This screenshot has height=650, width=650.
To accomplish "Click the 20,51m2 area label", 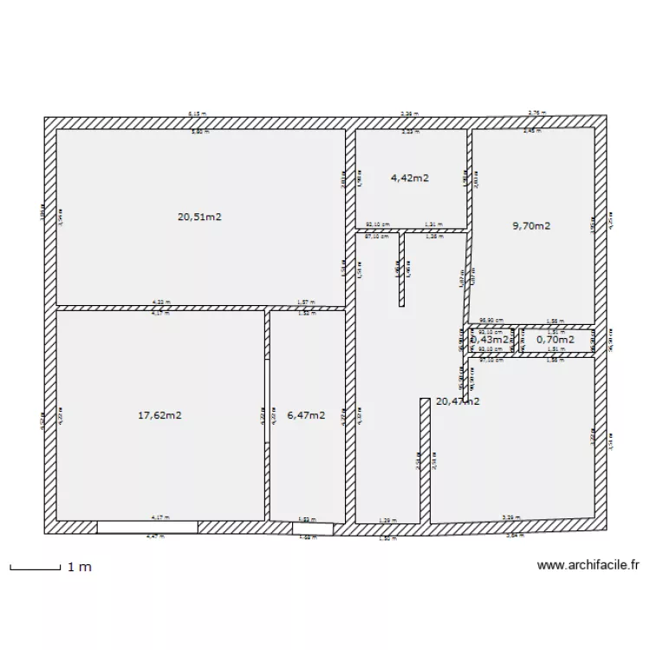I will tap(200, 218).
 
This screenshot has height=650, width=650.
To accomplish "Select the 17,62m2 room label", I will tap(159, 415).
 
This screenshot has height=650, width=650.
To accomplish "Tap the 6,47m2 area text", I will tap(306, 415).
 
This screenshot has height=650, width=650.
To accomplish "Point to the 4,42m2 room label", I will tap(410, 178).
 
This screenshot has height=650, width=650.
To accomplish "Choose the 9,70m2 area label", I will tap(532, 225).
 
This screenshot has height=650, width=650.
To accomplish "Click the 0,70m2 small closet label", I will tap(556, 341).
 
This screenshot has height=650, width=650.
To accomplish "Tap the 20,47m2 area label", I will tap(458, 401).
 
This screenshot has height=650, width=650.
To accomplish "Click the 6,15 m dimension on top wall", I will tap(198, 114).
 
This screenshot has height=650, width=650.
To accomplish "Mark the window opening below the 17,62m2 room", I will tap(146, 527).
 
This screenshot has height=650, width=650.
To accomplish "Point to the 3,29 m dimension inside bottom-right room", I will tap(513, 518).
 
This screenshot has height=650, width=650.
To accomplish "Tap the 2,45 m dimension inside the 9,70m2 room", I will tap(531, 132).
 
